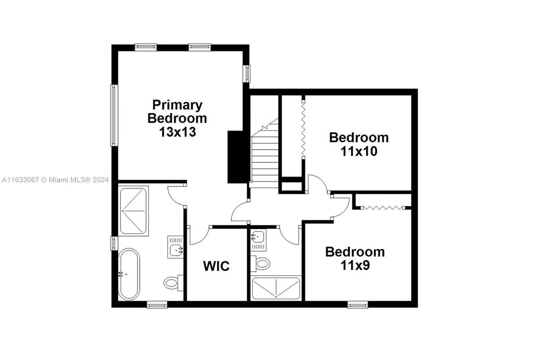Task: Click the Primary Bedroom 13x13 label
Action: [177, 118]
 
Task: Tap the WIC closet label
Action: [216, 266]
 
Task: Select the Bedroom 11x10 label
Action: [359, 144]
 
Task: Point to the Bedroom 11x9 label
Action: [355, 259]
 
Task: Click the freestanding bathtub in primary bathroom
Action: [128, 274]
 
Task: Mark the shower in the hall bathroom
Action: [276, 288]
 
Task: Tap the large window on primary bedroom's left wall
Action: [114, 115]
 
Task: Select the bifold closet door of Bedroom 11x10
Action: [304, 128]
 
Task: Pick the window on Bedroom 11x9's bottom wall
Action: [358, 305]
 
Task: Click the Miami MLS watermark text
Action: [55, 180]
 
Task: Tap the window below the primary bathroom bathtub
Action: [157, 305]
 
